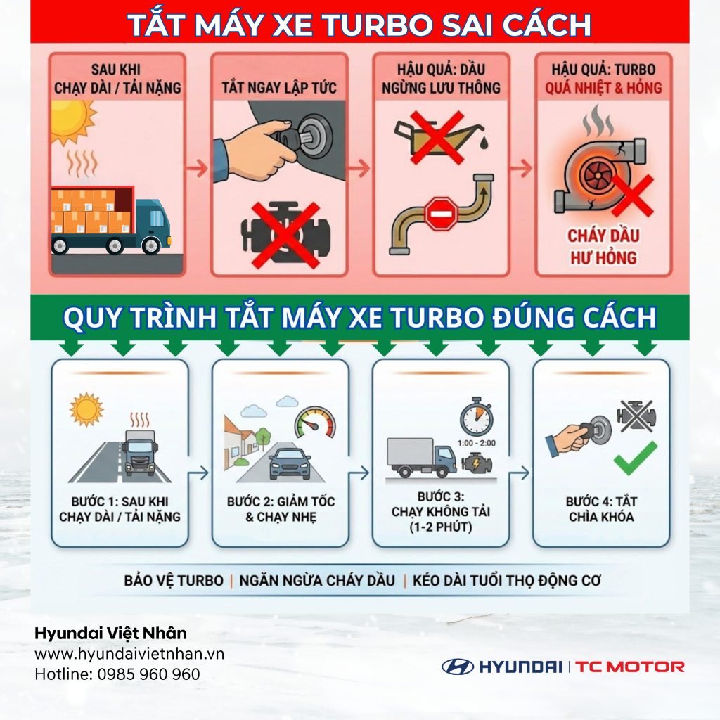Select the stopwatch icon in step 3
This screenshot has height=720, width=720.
[x=476, y=418]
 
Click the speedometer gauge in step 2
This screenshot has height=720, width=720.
[x=315, y=422]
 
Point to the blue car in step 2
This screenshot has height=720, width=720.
[x=290, y=463]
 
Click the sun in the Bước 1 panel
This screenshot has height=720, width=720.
[x=86, y=409]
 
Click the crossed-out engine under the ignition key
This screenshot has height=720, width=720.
[x=279, y=234]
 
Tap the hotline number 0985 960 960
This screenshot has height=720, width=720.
[x=117, y=674]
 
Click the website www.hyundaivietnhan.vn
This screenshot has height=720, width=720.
[x=129, y=653]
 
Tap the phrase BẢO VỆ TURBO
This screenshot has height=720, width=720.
[x=174, y=581]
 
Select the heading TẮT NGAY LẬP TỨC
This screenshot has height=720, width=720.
[x=279, y=88]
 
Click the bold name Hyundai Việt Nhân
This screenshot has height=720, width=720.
[x=110, y=634]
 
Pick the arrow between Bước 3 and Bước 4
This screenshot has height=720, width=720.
[x=520, y=473]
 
